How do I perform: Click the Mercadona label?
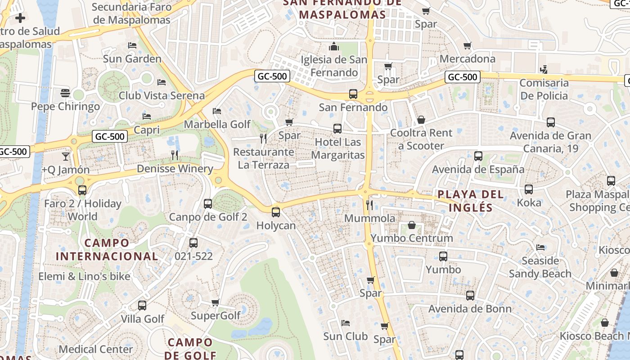(467, 58)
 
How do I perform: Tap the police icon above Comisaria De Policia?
(544, 69)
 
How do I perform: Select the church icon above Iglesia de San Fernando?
(334, 46)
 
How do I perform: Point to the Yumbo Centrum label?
(411, 238)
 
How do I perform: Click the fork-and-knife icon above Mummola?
(369, 205)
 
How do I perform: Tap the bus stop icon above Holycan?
(276, 212)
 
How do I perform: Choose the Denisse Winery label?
(175, 169)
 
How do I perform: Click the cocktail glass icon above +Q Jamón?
(66, 157)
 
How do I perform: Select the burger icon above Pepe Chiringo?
(65, 93)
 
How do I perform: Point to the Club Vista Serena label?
(162, 95)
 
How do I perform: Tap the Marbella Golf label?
(217, 124)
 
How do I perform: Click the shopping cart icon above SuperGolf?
(216, 302)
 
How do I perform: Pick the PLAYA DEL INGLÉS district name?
(470, 201)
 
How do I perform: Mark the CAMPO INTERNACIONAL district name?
(107, 250)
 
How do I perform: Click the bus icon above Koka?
(529, 189)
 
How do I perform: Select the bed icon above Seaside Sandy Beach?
(540, 247)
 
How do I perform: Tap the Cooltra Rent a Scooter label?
(421, 139)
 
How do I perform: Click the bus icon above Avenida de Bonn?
(470, 296)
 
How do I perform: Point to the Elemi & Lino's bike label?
(84, 276)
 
